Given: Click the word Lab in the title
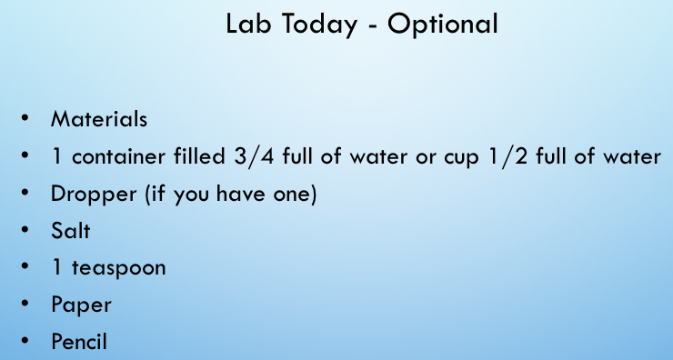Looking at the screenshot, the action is pyautogui.click(x=248, y=24).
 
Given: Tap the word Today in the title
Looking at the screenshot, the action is pyautogui.click(x=319, y=25).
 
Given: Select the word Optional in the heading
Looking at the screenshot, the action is pyautogui.click(x=443, y=25).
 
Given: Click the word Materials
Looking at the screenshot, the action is pyautogui.click(x=99, y=119).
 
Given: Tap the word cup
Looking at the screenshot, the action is pyautogui.click(x=461, y=159).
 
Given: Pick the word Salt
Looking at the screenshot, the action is pyautogui.click(x=70, y=231).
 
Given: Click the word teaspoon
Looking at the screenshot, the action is pyautogui.click(x=118, y=269).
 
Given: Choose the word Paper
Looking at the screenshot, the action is pyautogui.click(x=81, y=306).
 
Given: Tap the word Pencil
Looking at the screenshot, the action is pyautogui.click(x=79, y=342).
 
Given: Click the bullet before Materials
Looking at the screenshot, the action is pyautogui.click(x=25, y=117).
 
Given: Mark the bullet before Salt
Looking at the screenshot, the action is pyautogui.click(x=25, y=229).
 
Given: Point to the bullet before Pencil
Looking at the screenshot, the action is pyautogui.click(x=25, y=341).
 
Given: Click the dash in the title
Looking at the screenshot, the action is pyautogui.click(x=372, y=26).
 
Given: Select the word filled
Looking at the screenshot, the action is pyautogui.click(x=199, y=156).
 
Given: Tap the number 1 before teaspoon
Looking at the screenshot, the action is pyautogui.click(x=56, y=268).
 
